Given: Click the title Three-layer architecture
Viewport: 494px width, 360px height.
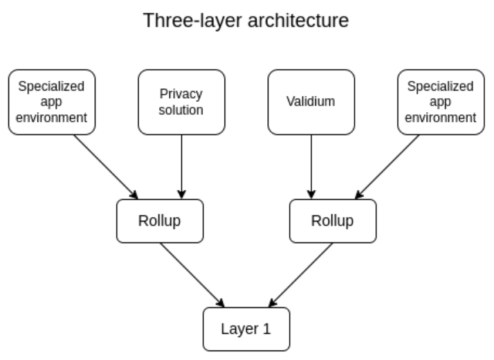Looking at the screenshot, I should coord(246,20).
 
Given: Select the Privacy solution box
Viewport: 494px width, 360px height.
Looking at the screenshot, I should coord(181,102).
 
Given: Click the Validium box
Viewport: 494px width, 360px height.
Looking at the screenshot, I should coord(311,102).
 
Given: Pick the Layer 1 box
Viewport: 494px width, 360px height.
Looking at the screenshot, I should coord(246,329).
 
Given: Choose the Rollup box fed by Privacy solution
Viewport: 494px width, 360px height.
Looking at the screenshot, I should coord(160,221).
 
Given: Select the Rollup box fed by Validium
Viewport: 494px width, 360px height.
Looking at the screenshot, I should coord(333,221).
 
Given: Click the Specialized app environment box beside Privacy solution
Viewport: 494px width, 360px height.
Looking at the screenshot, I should coord(52,102).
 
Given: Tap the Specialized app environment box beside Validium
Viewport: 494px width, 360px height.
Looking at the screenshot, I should coord(441,102).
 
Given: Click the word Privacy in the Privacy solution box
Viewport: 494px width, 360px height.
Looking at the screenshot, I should coord(181,94).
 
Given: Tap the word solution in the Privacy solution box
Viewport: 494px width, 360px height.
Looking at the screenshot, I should coord(181,110).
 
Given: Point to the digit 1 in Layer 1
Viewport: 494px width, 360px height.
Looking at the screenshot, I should coord(267,329).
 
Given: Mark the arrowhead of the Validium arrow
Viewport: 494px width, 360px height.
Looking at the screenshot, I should coord(311,195).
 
